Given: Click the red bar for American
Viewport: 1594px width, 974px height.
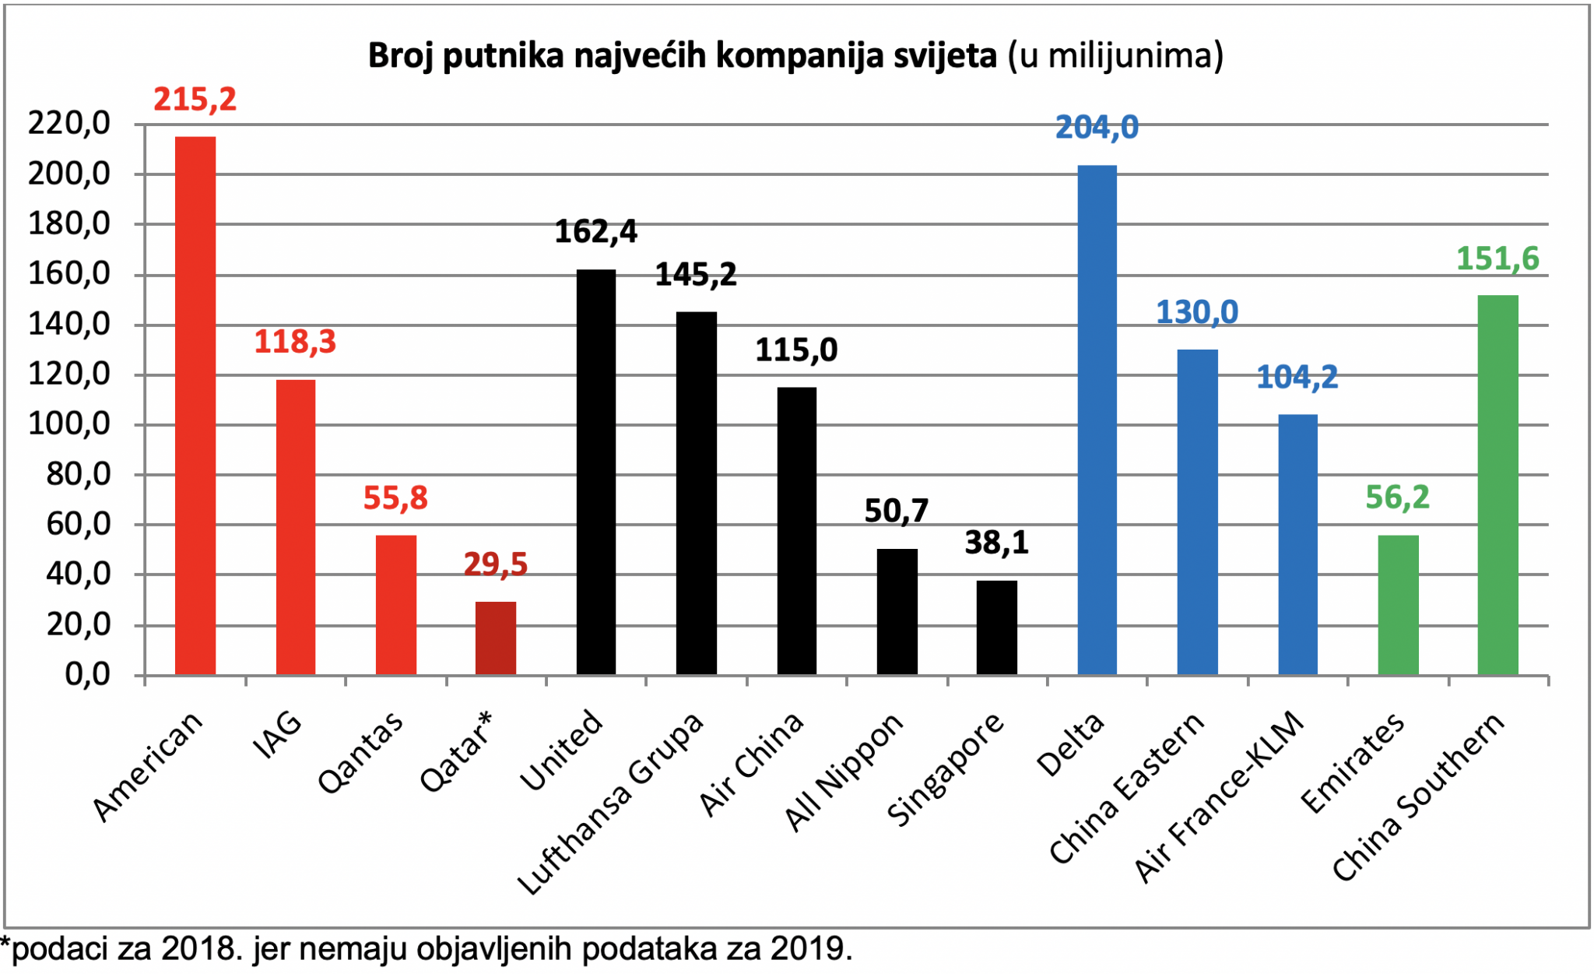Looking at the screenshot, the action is pyautogui.click(x=195, y=406).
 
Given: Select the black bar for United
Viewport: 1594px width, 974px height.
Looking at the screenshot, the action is pyautogui.click(x=596, y=472).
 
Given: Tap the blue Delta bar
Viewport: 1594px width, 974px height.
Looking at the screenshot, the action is pyautogui.click(x=1097, y=420).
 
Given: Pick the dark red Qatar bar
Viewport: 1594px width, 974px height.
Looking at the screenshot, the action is pyautogui.click(x=496, y=638).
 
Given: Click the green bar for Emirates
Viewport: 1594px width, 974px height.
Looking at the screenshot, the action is pyautogui.click(x=1399, y=605).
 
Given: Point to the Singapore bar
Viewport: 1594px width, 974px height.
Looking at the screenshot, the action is pyautogui.click(x=997, y=628).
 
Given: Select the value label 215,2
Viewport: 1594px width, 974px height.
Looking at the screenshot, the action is pyautogui.click(x=195, y=100).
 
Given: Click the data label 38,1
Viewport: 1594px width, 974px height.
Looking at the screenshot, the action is pyautogui.click(x=997, y=543).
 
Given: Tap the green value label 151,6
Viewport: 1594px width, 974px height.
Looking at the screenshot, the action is pyautogui.click(x=1497, y=259).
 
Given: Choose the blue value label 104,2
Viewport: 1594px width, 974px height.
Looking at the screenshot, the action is pyautogui.click(x=1297, y=378).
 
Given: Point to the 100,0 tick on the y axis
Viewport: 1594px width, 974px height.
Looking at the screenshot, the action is pyautogui.click(x=69, y=424).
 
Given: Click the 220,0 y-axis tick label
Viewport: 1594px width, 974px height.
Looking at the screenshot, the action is pyautogui.click(x=69, y=123).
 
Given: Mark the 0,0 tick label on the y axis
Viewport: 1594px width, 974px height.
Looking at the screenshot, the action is pyautogui.click(x=88, y=674).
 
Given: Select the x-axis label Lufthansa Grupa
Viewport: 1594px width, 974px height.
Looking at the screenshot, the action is pyautogui.click(x=611, y=802).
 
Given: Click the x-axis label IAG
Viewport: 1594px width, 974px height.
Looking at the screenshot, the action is pyautogui.click(x=278, y=736).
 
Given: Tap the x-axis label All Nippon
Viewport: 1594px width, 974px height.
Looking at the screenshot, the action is pyautogui.click(x=844, y=772).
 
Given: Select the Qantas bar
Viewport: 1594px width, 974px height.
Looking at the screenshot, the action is pyautogui.click(x=396, y=605).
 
